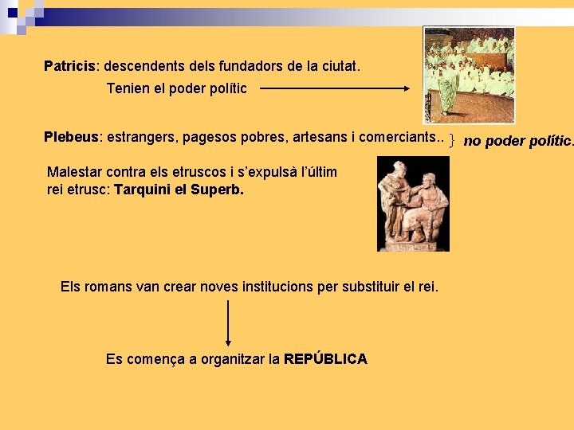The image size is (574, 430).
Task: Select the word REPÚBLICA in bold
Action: (325, 359)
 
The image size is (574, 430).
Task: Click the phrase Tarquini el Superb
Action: (179, 190)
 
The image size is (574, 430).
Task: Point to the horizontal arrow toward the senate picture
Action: (335, 89)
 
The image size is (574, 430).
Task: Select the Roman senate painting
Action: (469, 75)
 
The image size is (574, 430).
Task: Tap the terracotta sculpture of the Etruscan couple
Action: (413, 205)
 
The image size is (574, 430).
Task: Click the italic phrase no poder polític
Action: (518, 141)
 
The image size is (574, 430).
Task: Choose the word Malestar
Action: (75, 172)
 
